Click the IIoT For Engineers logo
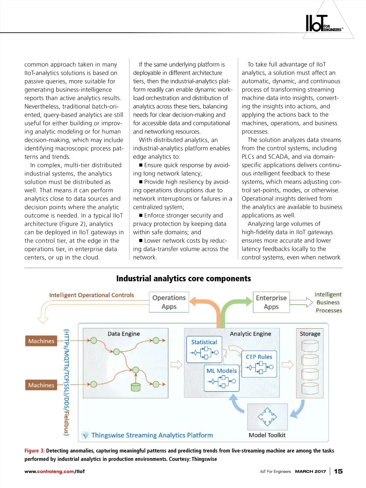(323, 24)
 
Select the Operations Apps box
(169, 302)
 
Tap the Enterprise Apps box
(271, 302)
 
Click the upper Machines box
(41, 341)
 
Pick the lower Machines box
(41, 385)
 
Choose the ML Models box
(222, 377)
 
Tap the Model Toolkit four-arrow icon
(267, 416)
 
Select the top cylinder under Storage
(310, 346)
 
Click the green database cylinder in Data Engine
(135, 386)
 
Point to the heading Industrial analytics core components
(183, 278)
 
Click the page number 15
(338, 471)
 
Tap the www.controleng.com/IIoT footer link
(55, 472)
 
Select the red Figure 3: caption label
(34, 451)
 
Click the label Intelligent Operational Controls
(91, 295)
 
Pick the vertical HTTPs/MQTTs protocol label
(66, 382)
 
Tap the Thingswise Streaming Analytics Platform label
(152, 435)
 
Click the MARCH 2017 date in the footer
(310, 472)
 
